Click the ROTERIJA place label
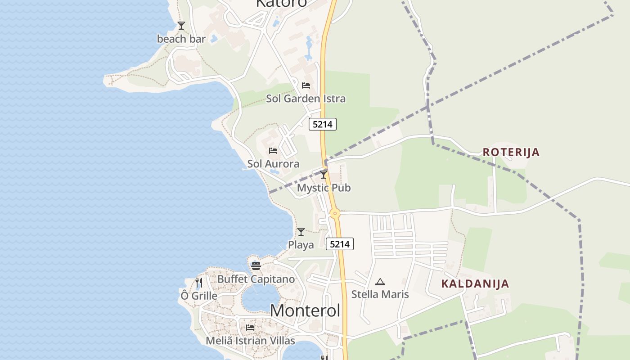511,152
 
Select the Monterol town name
305,310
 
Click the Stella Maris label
380,294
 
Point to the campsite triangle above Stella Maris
380,282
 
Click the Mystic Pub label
324,188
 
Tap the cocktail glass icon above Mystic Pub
324,175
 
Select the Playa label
301,245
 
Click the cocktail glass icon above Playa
301,232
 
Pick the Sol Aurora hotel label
273,164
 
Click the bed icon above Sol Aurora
273,151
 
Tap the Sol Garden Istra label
306,99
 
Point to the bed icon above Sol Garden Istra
306,85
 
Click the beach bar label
181,39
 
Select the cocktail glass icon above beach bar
181,26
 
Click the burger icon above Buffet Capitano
256,266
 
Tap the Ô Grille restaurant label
199,296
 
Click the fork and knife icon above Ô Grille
199,283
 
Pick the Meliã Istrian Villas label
250,341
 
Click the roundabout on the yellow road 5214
334,214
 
